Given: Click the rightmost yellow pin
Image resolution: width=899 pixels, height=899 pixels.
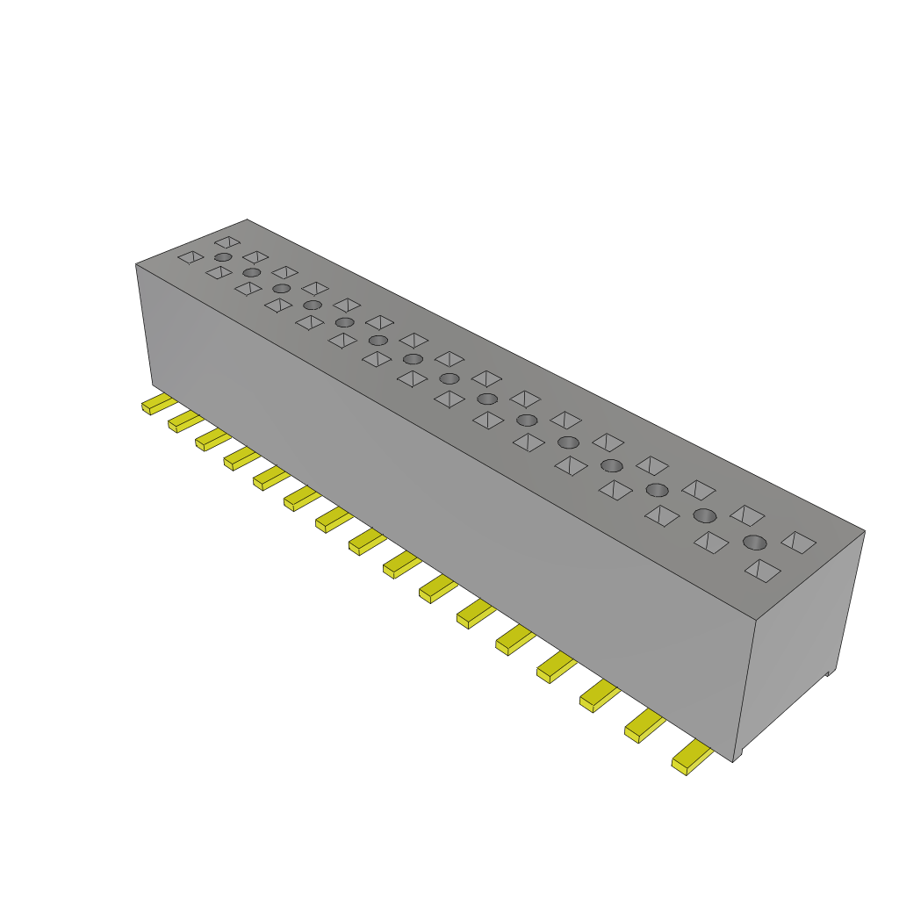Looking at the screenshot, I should click(691, 758).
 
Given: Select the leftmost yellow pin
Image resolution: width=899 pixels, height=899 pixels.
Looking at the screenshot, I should click(158, 404).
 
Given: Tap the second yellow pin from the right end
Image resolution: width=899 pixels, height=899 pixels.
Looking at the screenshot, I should click(644, 726).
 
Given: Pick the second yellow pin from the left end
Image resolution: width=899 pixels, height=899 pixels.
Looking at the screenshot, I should click(184, 421).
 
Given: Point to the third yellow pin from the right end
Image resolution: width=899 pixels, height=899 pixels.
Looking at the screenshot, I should click(598, 696).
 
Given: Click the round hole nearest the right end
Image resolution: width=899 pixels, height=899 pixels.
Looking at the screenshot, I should click(755, 543).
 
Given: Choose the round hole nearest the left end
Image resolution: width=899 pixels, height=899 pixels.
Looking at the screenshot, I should click(223, 256).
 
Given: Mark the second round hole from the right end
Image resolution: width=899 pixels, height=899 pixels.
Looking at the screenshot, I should click(705, 515).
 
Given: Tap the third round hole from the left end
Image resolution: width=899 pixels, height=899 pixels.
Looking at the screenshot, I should click(281, 288).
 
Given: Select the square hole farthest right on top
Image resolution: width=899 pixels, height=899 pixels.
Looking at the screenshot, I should click(798, 542).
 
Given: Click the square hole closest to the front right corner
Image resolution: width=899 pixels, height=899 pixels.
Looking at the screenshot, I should click(762, 571).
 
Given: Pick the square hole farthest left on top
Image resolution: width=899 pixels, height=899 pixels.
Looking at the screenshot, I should click(191, 256).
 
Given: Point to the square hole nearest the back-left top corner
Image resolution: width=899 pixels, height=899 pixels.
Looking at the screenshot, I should click(227, 241).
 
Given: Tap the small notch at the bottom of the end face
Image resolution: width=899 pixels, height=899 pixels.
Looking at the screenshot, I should click(829, 673).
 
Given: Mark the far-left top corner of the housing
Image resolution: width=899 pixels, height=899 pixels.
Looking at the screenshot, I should click(136, 263).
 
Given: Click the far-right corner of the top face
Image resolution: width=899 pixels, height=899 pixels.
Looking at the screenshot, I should click(864, 530).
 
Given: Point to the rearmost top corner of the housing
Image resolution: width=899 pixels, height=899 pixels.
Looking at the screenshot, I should click(247, 219).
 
